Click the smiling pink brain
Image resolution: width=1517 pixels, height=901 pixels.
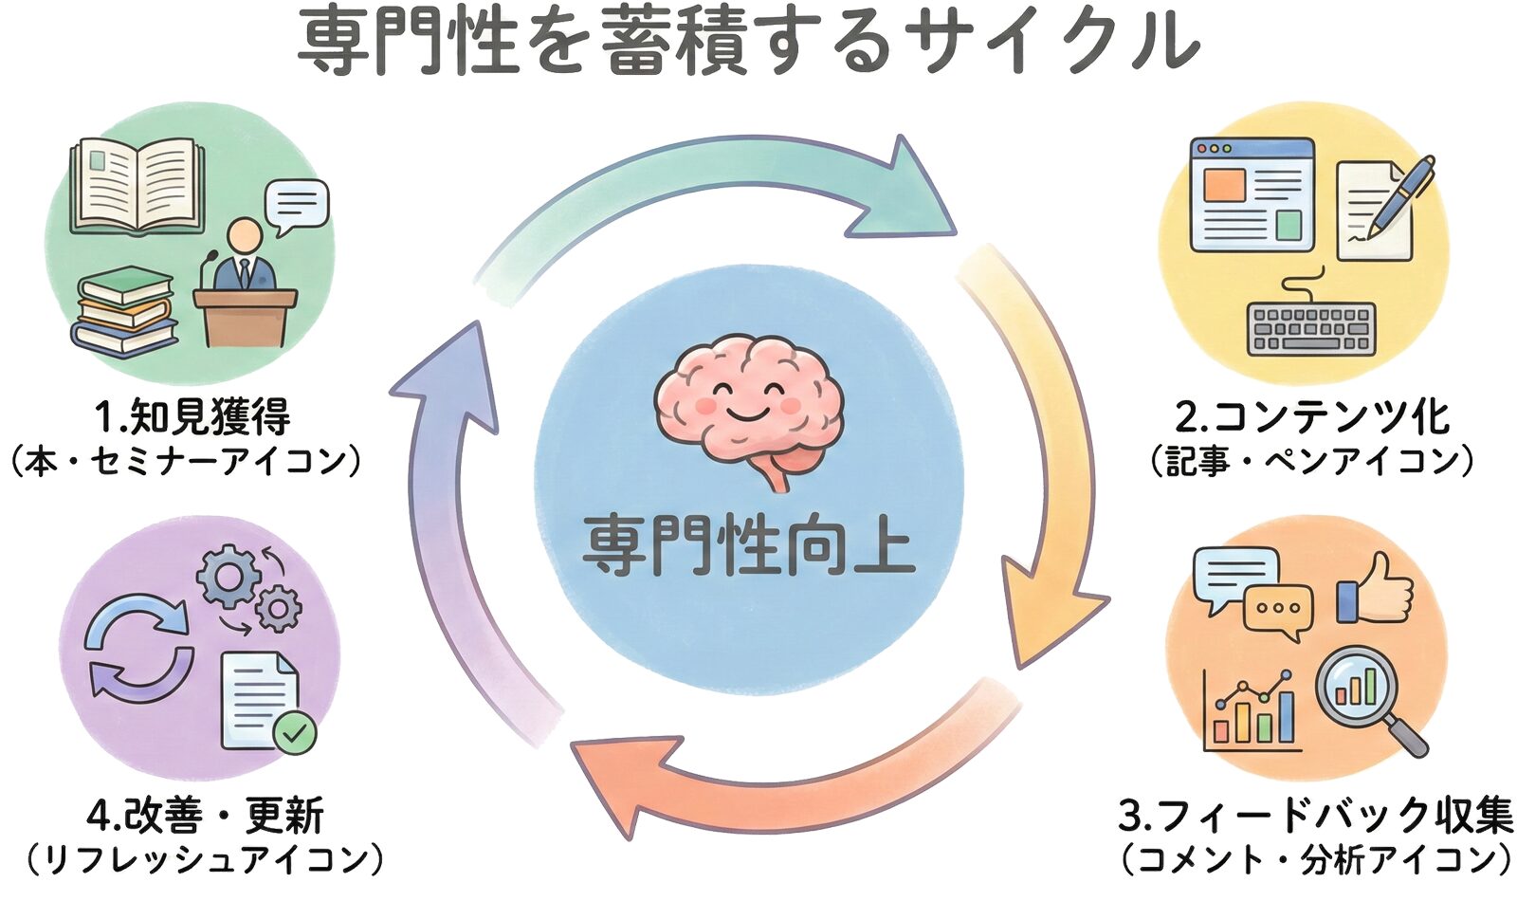pos(749,398)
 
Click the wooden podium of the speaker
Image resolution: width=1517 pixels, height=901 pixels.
pos(246,317)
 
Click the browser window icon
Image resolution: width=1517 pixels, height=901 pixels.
pos(1252,194)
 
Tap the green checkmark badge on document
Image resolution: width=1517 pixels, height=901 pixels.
pos(295,732)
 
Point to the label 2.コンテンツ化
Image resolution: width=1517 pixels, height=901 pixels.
pos(1312,417)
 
